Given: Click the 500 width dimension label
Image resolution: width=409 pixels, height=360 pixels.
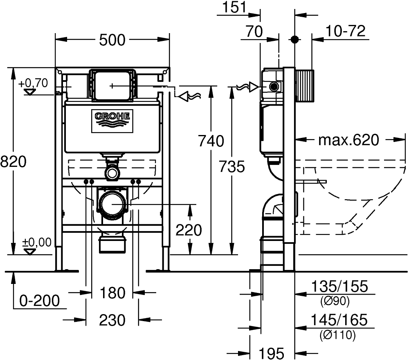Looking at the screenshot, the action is [x=112, y=40].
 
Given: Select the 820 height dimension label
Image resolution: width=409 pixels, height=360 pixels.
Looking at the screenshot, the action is [x=13, y=162].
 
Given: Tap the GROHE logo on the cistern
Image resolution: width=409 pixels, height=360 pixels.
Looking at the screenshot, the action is [x=112, y=121].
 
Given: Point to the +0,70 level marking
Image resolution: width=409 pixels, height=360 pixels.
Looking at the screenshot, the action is [x=34, y=83].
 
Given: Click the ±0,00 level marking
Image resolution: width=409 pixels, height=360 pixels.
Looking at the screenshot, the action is [x=36, y=242].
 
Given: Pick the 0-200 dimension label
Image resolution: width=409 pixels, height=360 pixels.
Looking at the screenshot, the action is [x=40, y=301].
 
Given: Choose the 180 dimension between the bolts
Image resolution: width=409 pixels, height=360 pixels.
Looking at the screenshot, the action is [x=112, y=293].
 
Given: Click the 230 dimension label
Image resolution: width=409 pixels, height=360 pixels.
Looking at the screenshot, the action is [x=112, y=320].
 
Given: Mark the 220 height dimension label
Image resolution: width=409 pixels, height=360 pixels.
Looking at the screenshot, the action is [x=189, y=230].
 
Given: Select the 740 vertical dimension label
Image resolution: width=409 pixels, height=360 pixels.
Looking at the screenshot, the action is [x=211, y=141].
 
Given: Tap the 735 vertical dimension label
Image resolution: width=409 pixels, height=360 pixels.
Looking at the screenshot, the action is [x=232, y=166].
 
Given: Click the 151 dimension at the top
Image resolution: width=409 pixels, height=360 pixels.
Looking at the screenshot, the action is [x=234, y=7].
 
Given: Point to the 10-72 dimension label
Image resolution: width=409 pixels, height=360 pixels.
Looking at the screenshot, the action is [x=345, y=32].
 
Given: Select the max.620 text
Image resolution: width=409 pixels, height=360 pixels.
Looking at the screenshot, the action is [x=349, y=140].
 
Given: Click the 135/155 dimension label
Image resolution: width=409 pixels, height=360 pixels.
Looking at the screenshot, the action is [x=340, y=286].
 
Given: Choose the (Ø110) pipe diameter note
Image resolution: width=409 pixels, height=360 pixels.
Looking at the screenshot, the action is [x=338, y=335].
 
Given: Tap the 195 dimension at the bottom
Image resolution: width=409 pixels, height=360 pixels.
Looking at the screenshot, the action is [x=271, y=353].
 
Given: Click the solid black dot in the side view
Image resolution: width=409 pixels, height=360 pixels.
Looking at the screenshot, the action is [x=295, y=39].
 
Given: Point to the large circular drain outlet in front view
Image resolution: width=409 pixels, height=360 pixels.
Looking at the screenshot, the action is [x=112, y=204].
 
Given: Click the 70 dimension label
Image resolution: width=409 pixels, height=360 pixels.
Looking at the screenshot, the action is [x=254, y=32].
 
